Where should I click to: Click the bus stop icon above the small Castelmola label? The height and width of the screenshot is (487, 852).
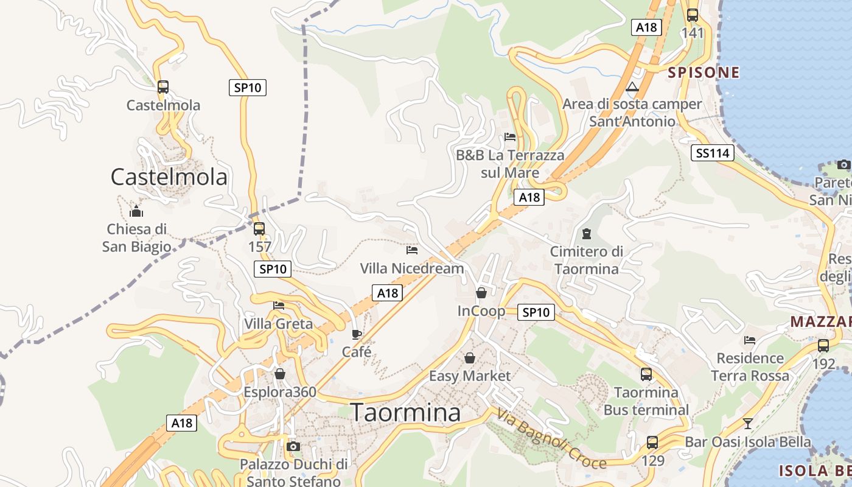click(x=162, y=86)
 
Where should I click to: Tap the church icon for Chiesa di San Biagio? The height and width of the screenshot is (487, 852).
click(x=136, y=211)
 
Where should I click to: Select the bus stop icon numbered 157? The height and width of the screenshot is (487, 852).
click(x=259, y=229)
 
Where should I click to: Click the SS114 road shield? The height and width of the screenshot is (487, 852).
click(x=713, y=153)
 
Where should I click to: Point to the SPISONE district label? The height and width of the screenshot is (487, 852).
click(x=704, y=73)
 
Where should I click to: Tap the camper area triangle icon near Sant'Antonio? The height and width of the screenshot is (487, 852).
click(x=632, y=86)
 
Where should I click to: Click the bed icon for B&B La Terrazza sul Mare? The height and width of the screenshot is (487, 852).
click(x=510, y=137)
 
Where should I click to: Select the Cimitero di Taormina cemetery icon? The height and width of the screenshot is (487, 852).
click(x=587, y=233)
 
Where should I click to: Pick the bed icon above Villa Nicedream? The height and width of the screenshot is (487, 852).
click(x=412, y=250)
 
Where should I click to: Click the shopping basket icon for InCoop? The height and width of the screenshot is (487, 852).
click(x=481, y=293)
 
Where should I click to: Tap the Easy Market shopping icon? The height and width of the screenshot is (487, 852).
click(x=470, y=357)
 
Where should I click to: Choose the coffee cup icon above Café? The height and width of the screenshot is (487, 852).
click(x=357, y=334)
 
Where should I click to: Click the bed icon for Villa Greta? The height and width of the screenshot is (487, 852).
click(x=279, y=305)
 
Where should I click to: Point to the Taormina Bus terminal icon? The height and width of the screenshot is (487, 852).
click(x=646, y=374)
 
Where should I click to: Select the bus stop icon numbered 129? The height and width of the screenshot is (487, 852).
click(x=652, y=443)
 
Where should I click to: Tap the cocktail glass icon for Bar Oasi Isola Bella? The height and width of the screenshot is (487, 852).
click(x=748, y=423)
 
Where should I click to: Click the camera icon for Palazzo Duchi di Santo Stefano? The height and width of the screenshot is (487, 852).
click(x=293, y=446)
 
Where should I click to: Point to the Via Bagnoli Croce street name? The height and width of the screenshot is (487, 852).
click(x=551, y=439)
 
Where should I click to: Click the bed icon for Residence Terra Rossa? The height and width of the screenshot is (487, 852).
click(x=750, y=340)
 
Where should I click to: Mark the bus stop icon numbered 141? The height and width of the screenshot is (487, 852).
click(x=693, y=15)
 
